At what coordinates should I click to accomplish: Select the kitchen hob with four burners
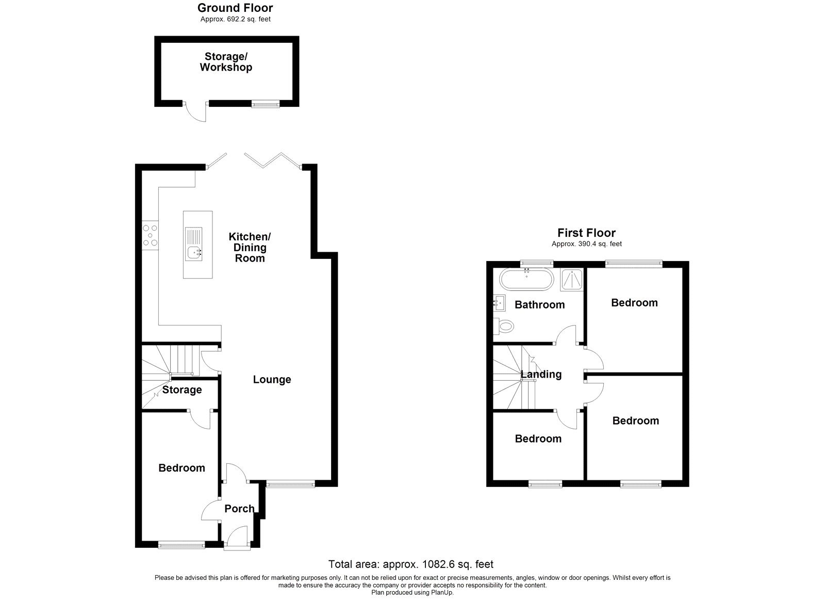(151, 235)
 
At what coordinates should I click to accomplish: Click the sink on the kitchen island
(195, 253)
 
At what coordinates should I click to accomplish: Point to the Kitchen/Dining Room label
(250, 247)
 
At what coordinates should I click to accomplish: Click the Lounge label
(272, 380)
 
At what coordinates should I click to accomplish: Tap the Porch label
(239, 509)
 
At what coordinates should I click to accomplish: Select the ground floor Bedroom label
(181, 468)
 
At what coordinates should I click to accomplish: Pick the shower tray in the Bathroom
(571, 279)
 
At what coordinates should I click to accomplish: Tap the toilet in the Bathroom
(504, 326)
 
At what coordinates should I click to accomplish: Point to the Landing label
(541, 375)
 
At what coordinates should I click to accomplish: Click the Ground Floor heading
(235, 8)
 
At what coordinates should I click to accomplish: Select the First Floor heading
(586, 233)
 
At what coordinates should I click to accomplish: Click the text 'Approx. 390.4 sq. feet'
(586, 244)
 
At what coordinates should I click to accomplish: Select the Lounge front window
(290, 484)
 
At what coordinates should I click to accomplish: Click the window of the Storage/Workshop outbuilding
(266, 104)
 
